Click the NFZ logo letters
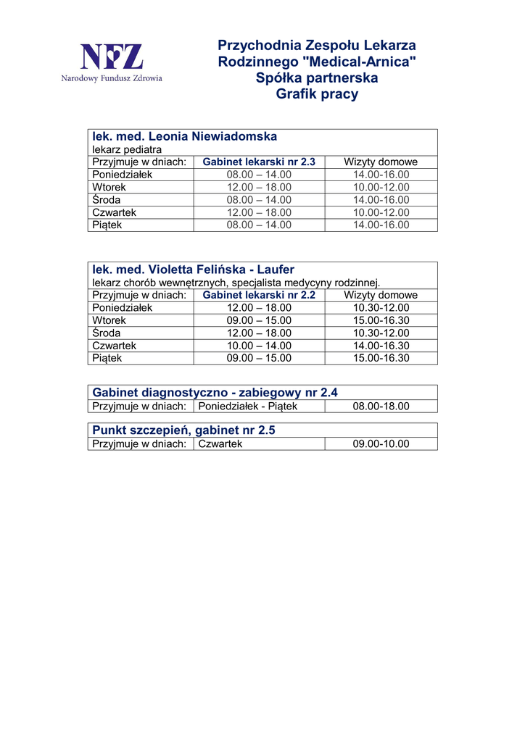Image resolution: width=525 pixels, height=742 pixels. pyautogui.click(x=111, y=56)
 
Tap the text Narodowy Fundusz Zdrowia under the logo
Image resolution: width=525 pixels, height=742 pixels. pyautogui.click(x=112, y=78)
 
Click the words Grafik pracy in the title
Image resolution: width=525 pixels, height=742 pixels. pyautogui.click(x=317, y=94)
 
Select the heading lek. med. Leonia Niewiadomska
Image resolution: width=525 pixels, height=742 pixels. pyautogui.click(x=184, y=136)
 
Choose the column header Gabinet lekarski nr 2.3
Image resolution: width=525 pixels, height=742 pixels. pyautogui.click(x=259, y=162)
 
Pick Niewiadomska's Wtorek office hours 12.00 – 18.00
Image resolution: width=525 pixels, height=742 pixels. pyautogui.click(x=259, y=187)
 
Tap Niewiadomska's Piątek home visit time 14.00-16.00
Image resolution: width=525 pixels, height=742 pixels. pyautogui.click(x=381, y=225)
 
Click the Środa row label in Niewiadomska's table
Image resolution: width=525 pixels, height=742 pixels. pyautogui.click(x=107, y=199)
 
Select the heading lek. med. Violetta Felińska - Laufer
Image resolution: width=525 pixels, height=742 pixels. pyautogui.click(x=193, y=270)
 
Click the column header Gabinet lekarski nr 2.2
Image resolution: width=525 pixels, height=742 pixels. pyautogui.click(x=259, y=295)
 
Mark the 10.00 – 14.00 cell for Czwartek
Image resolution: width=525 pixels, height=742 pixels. pyautogui.click(x=259, y=346)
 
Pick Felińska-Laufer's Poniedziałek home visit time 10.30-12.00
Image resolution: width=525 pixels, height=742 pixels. pyautogui.click(x=381, y=307)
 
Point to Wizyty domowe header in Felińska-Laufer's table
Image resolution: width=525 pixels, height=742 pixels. pyautogui.click(x=381, y=295)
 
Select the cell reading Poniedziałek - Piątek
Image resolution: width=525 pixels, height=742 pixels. pyautogui.click(x=248, y=406)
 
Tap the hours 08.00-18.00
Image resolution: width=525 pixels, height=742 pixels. pyautogui.click(x=381, y=406)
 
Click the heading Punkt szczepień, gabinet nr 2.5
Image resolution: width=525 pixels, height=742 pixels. pyautogui.click(x=183, y=430)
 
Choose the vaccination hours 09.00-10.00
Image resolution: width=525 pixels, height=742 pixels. pyautogui.click(x=381, y=443)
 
